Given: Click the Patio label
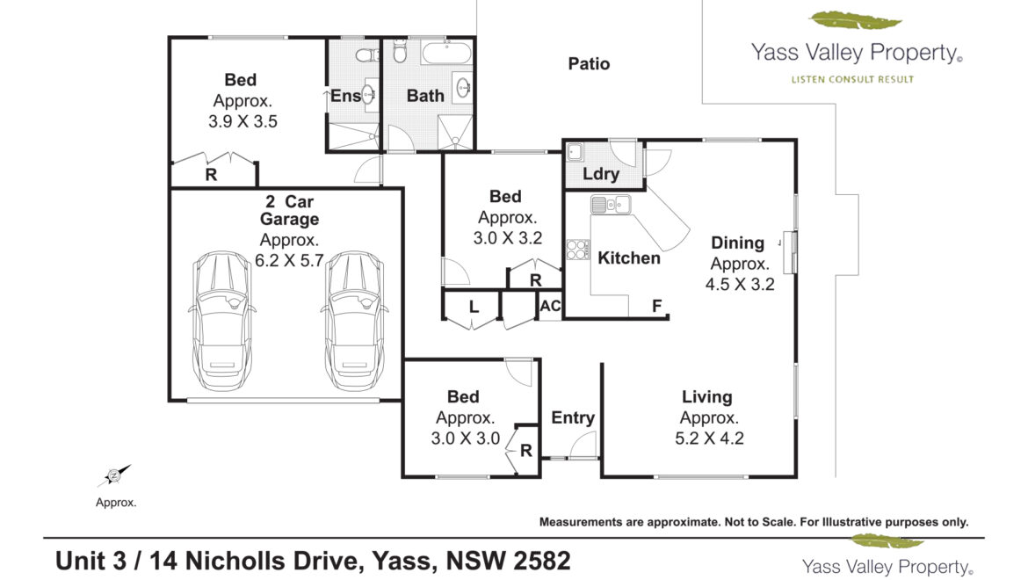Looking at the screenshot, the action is click(589, 63).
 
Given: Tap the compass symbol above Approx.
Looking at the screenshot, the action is click(114, 475).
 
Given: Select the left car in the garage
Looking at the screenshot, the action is click(221, 321).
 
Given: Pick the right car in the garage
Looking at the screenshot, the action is click(354, 321).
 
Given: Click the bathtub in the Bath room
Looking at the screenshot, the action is click(445, 53).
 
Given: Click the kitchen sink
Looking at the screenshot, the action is click(611, 205).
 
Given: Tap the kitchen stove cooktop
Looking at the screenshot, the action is click(577, 250).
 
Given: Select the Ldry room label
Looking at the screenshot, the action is click(600, 174).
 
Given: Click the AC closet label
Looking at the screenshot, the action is click(550, 306).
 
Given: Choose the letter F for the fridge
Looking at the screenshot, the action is click(656, 306).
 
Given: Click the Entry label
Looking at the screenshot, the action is click(572, 418).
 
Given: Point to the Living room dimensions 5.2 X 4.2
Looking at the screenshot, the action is click(709, 439).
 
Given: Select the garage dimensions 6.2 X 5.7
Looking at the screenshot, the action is click(289, 261).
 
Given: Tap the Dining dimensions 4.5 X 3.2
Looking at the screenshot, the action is click(740, 285).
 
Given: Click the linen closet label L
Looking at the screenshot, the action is click(474, 307).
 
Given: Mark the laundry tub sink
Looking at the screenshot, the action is click(575, 153).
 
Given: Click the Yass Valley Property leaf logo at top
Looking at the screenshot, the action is click(855, 20).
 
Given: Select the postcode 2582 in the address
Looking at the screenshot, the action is click(541, 561).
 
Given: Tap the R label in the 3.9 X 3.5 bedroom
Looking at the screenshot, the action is click(211, 175).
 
